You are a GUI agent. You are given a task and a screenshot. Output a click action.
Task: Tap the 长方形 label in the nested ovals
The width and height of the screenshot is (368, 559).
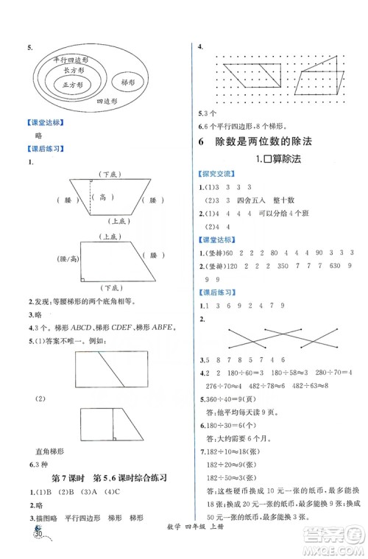click(75, 70)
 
